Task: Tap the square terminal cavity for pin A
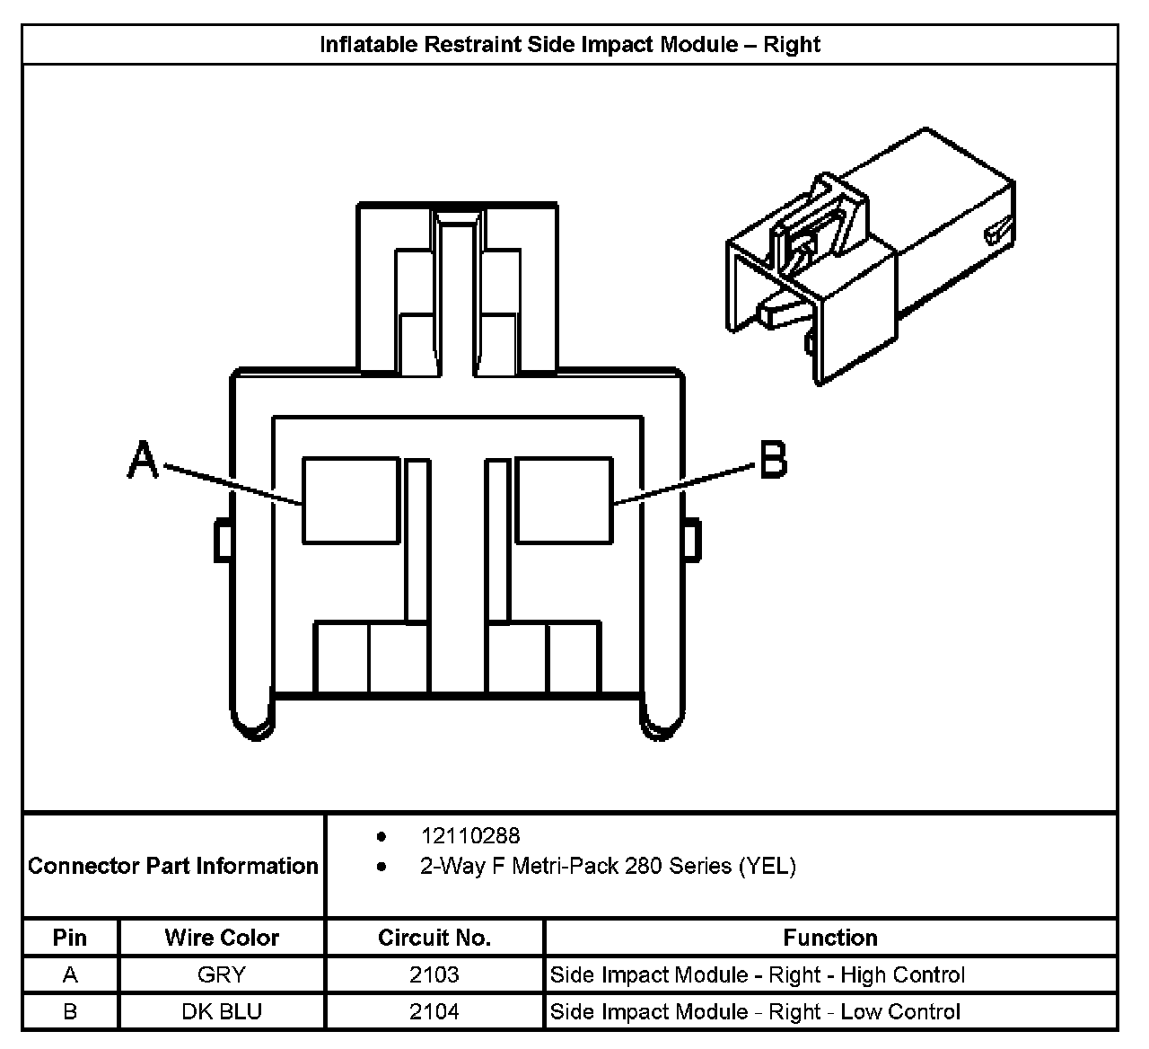(350, 499)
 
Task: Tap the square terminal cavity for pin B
(564, 499)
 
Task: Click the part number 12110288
(470, 836)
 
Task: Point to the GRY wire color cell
(221, 974)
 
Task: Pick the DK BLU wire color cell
(221, 1012)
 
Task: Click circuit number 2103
(434, 974)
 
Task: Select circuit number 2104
(434, 1012)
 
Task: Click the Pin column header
(70, 938)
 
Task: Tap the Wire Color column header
(221, 938)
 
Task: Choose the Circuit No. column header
(434, 938)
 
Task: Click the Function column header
(830, 938)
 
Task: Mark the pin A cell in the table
(70, 974)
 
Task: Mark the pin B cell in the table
(70, 1012)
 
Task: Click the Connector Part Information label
(173, 866)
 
